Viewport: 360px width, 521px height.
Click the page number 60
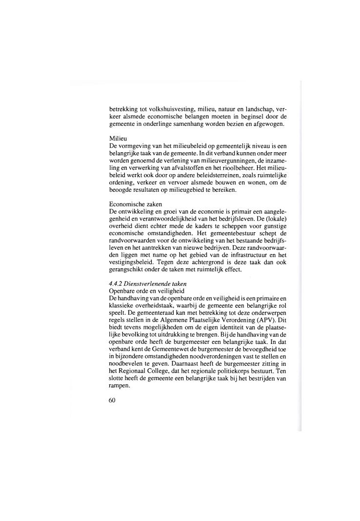(x=113, y=401)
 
